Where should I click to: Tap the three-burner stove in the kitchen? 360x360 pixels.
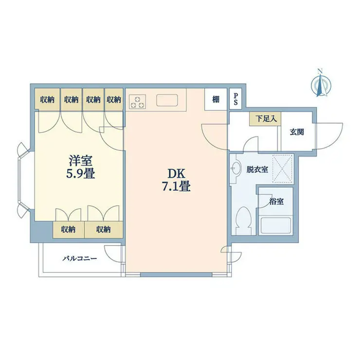[x=137, y=102]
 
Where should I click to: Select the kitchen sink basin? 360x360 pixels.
[x=167, y=100]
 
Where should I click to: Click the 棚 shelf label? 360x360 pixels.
[x=216, y=100]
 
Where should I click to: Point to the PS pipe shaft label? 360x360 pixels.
[x=235, y=99]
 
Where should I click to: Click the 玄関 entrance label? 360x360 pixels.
[x=297, y=132]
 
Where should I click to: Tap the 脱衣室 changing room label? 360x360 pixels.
[x=257, y=169]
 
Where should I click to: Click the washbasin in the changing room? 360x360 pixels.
[x=235, y=167]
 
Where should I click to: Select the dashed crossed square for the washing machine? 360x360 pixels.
[x=283, y=168]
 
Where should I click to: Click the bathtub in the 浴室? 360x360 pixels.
[x=276, y=225]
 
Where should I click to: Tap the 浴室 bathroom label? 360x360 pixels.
[x=276, y=201]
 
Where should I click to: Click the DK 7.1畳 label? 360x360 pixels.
[x=176, y=180]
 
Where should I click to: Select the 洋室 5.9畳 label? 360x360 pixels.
[x=81, y=167]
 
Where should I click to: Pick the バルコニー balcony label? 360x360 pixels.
[x=80, y=258]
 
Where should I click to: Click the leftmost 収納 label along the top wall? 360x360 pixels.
[x=47, y=99]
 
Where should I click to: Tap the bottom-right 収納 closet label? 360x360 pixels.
[x=103, y=229]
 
